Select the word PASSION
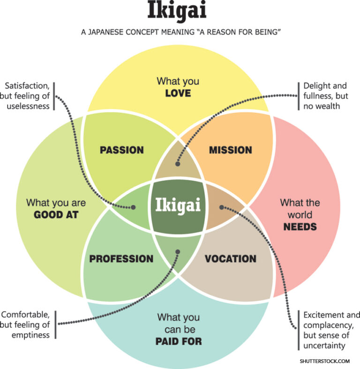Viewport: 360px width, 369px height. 122,150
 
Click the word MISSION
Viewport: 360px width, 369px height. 230,150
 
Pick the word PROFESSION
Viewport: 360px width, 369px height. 121,259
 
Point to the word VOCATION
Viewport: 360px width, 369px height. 231,259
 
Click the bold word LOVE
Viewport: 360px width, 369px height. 178,93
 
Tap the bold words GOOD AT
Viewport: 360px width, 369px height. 56,215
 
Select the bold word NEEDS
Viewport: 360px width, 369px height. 300,227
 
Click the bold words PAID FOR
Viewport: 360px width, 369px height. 179,341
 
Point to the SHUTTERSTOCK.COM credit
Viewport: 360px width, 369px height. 325,361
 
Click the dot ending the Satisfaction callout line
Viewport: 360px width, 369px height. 134,207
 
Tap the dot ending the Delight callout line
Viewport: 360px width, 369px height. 178,164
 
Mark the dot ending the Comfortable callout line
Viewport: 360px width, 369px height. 178,252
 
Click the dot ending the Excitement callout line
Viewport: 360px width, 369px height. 222,207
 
